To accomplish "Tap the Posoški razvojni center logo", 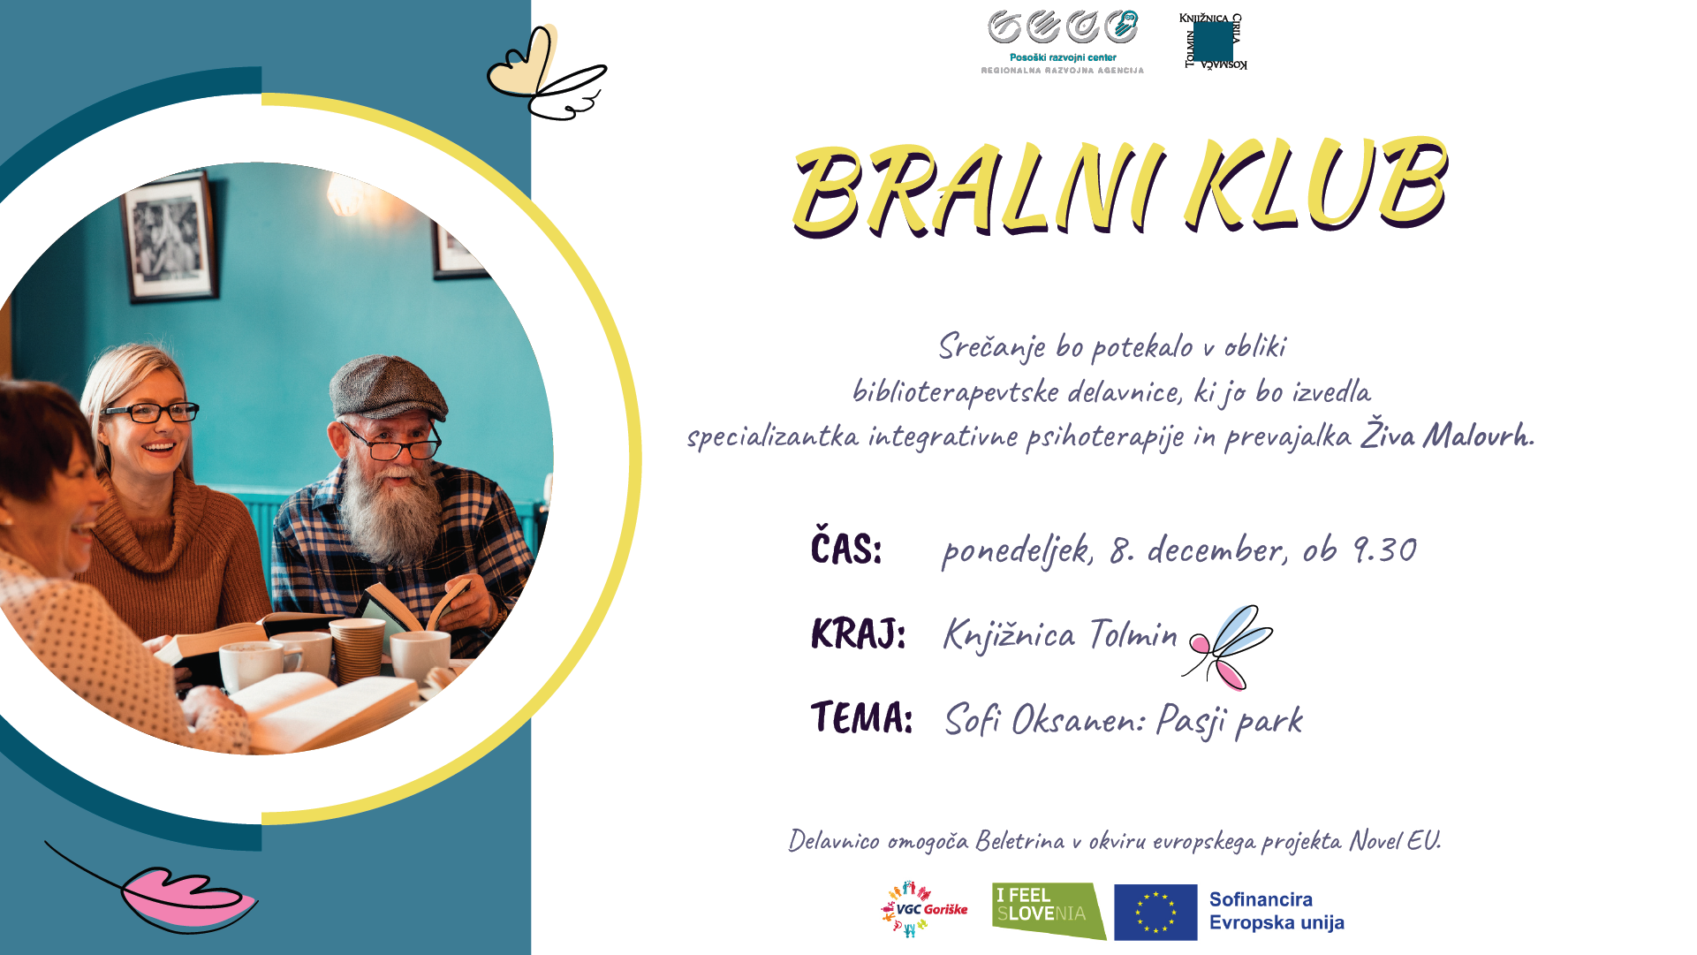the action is point(1063,42).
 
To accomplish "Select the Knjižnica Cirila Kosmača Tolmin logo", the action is point(1214,41).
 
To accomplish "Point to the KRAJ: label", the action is point(858,633).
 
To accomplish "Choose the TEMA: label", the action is point(861,717).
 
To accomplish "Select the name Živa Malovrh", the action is point(1447,433).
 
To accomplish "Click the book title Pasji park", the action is point(1229,720).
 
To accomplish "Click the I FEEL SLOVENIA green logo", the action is point(1049,911).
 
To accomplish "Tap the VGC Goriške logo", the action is point(924,909).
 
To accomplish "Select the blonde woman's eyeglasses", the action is point(151,412).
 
